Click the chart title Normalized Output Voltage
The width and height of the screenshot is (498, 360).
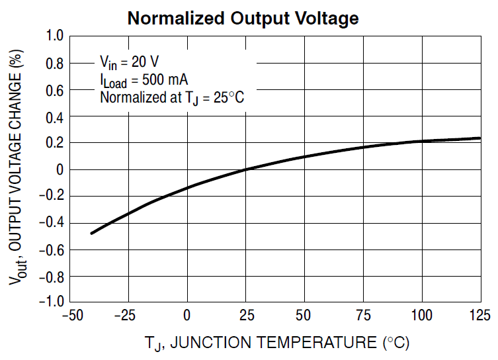(243, 18)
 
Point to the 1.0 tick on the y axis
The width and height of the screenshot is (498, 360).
(53, 37)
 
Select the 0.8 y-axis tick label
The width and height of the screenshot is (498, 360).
(53, 64)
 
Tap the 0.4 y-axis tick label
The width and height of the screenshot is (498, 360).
(53, 116)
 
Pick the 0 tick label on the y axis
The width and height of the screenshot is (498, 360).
(58, 169)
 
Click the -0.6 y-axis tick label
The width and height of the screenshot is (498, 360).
(50, 249)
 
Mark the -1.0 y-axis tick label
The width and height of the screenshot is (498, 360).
(50, 302)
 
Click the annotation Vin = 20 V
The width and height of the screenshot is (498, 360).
(129, 62)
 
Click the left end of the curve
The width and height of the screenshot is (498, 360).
(91, 233)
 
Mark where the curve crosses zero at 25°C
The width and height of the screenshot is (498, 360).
(245, 169)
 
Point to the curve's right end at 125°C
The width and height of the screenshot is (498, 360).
(479, 138)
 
